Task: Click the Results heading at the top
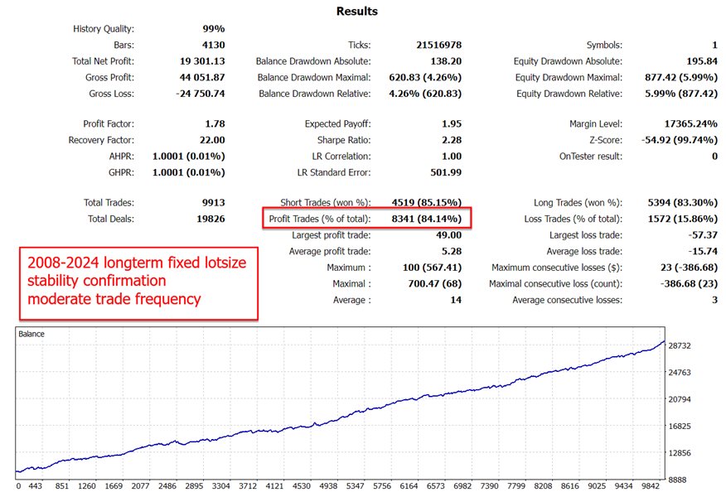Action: (357, 12)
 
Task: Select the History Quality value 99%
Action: (213, 29)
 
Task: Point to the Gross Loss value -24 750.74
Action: (196, 94)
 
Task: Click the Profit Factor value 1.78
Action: (213, 124)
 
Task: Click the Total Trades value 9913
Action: (211, 203)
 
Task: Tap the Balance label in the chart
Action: (33, 335)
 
